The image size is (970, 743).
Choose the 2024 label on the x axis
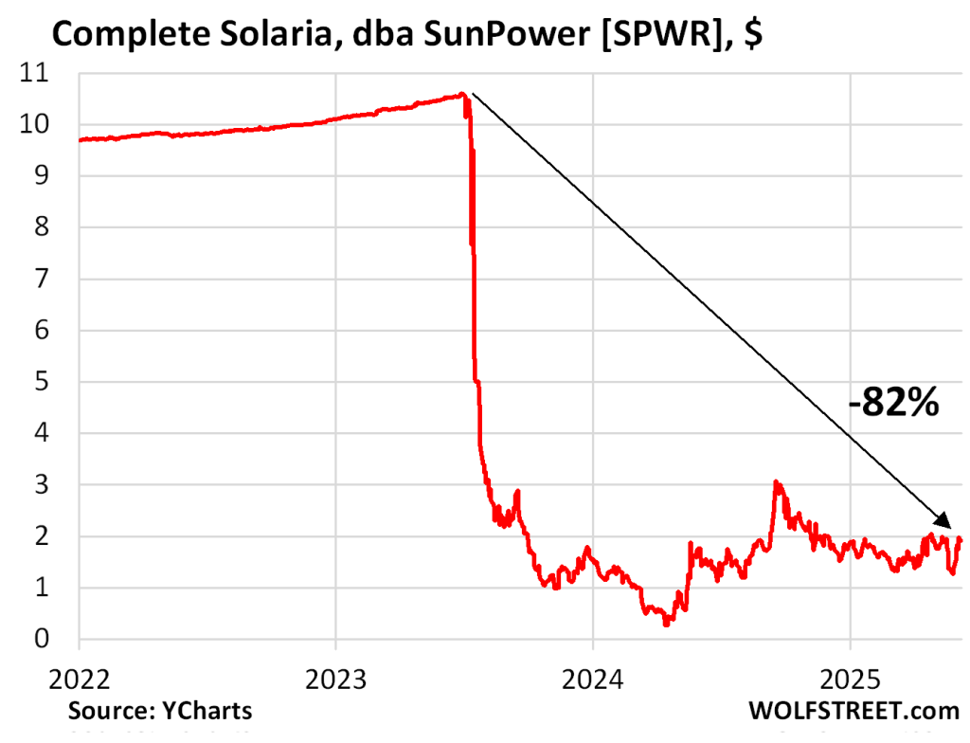tap(592, 681)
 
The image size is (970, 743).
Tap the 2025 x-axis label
tap(850, 681)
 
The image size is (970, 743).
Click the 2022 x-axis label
tap(79, 681)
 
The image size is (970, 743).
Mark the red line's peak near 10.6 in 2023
tap(461, 94)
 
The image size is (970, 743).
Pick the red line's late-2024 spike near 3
tap(777, 482)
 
